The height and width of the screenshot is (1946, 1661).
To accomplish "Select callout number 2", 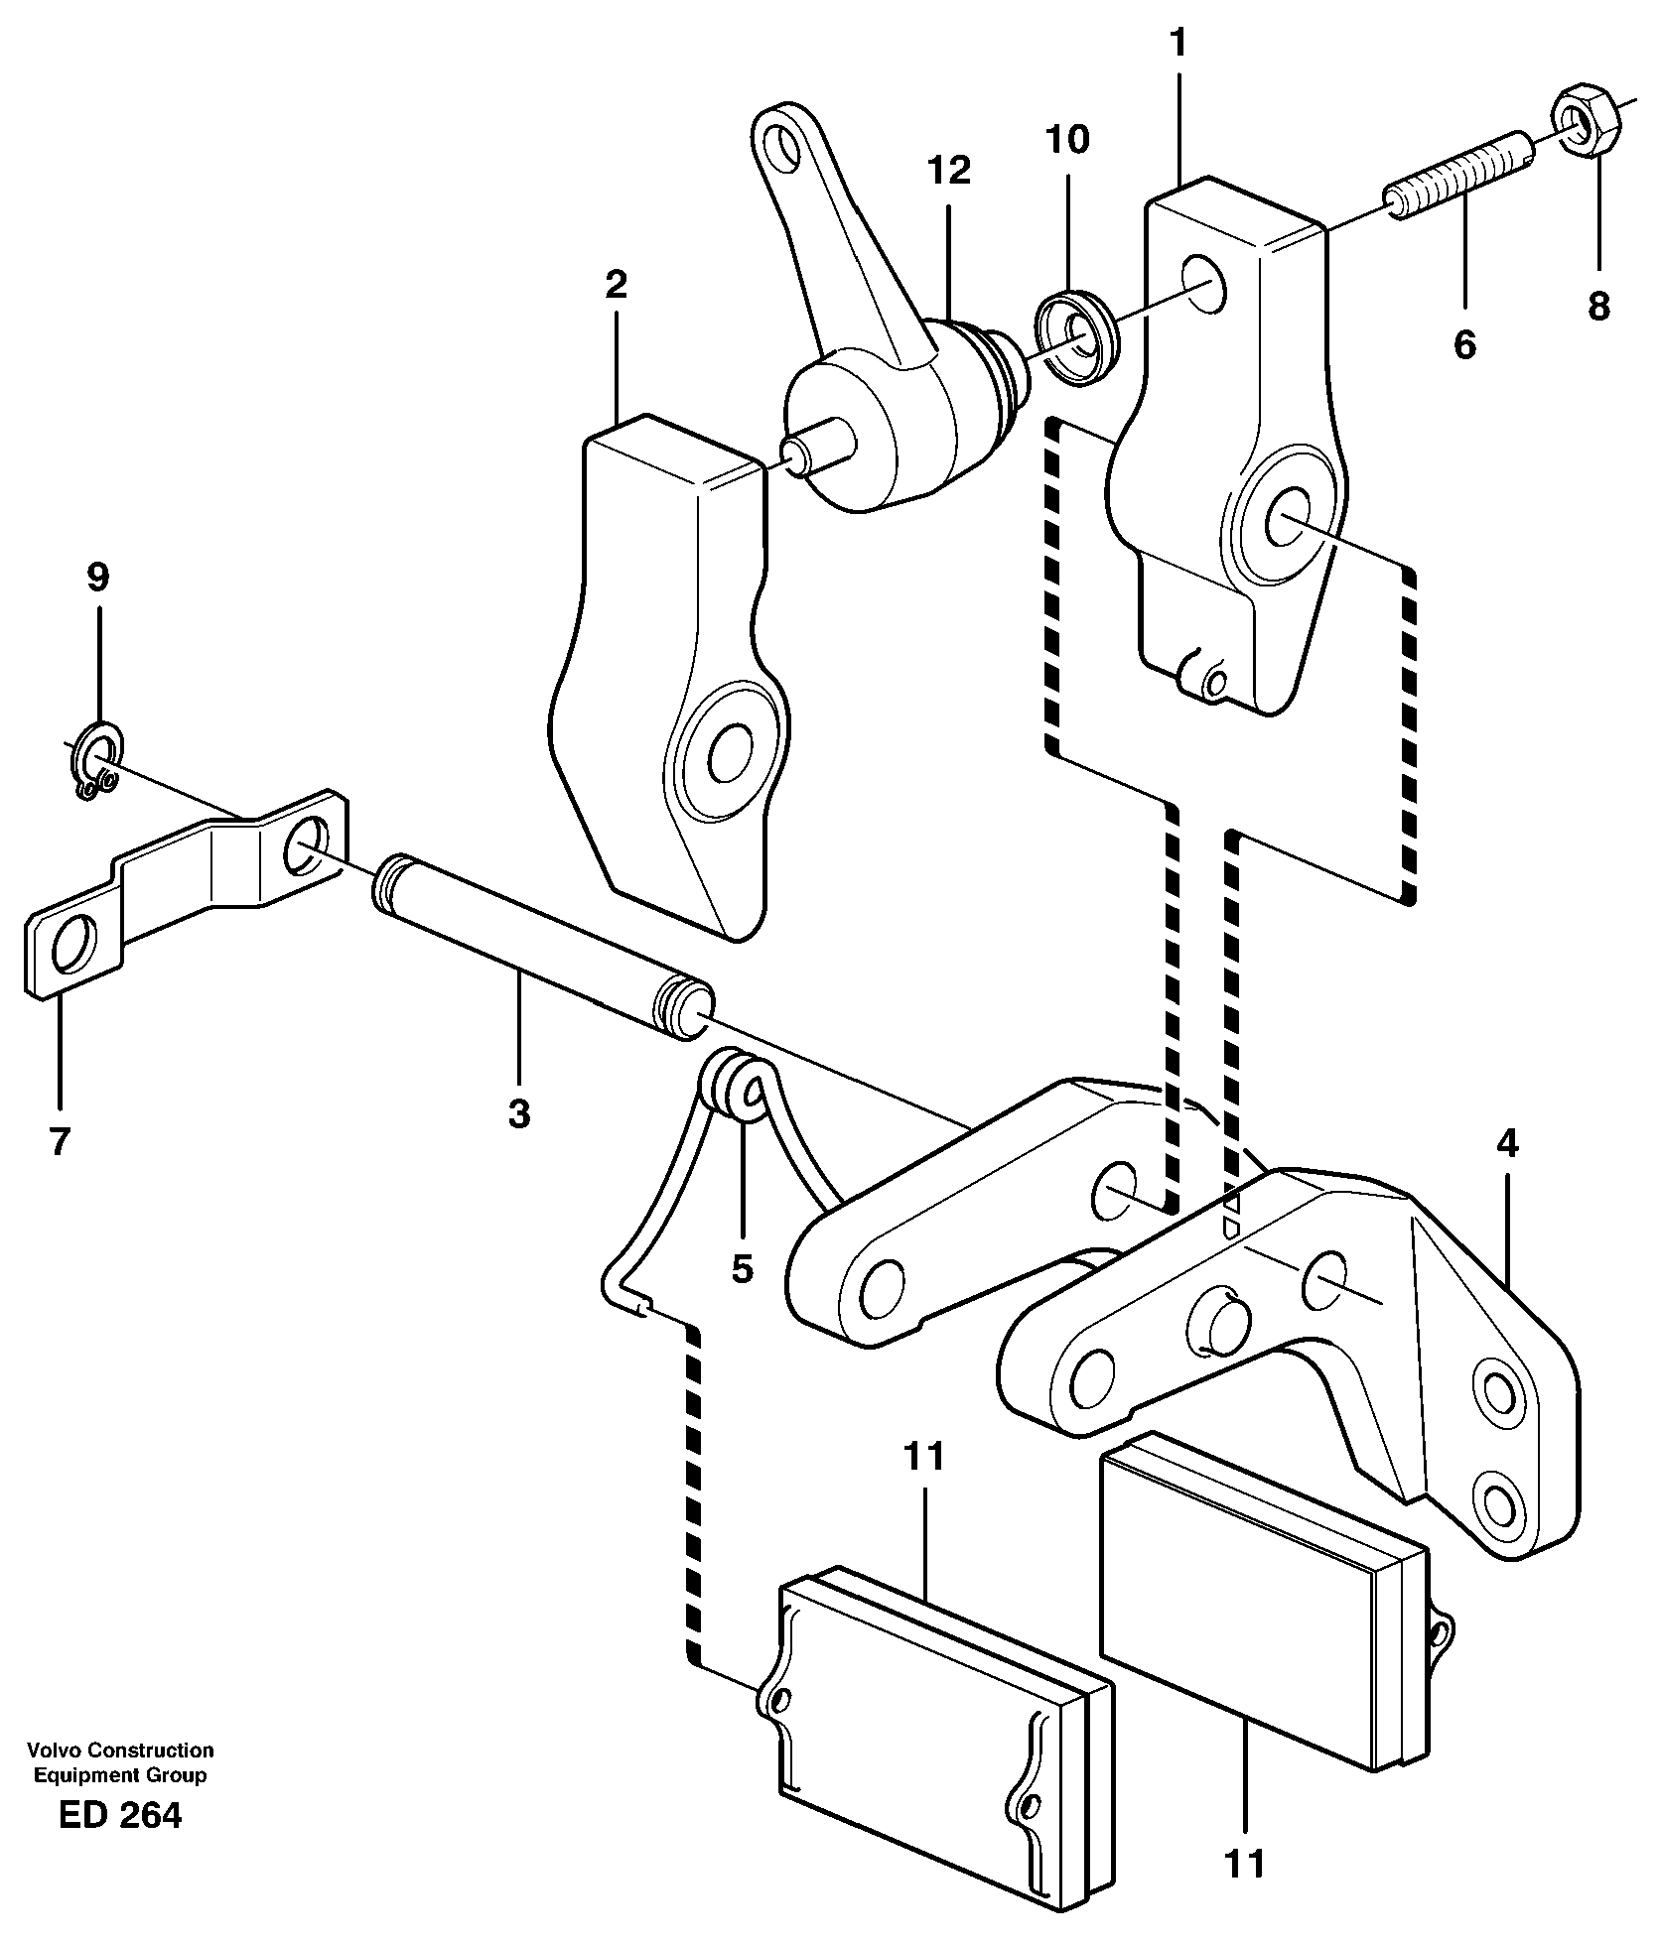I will pyautogui.click(x=616, y=286).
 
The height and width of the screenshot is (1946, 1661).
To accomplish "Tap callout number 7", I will pyautogui.click(x=60, y=1142).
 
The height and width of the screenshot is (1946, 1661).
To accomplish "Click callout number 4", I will pyautogui.click(x=1506, y=1144).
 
